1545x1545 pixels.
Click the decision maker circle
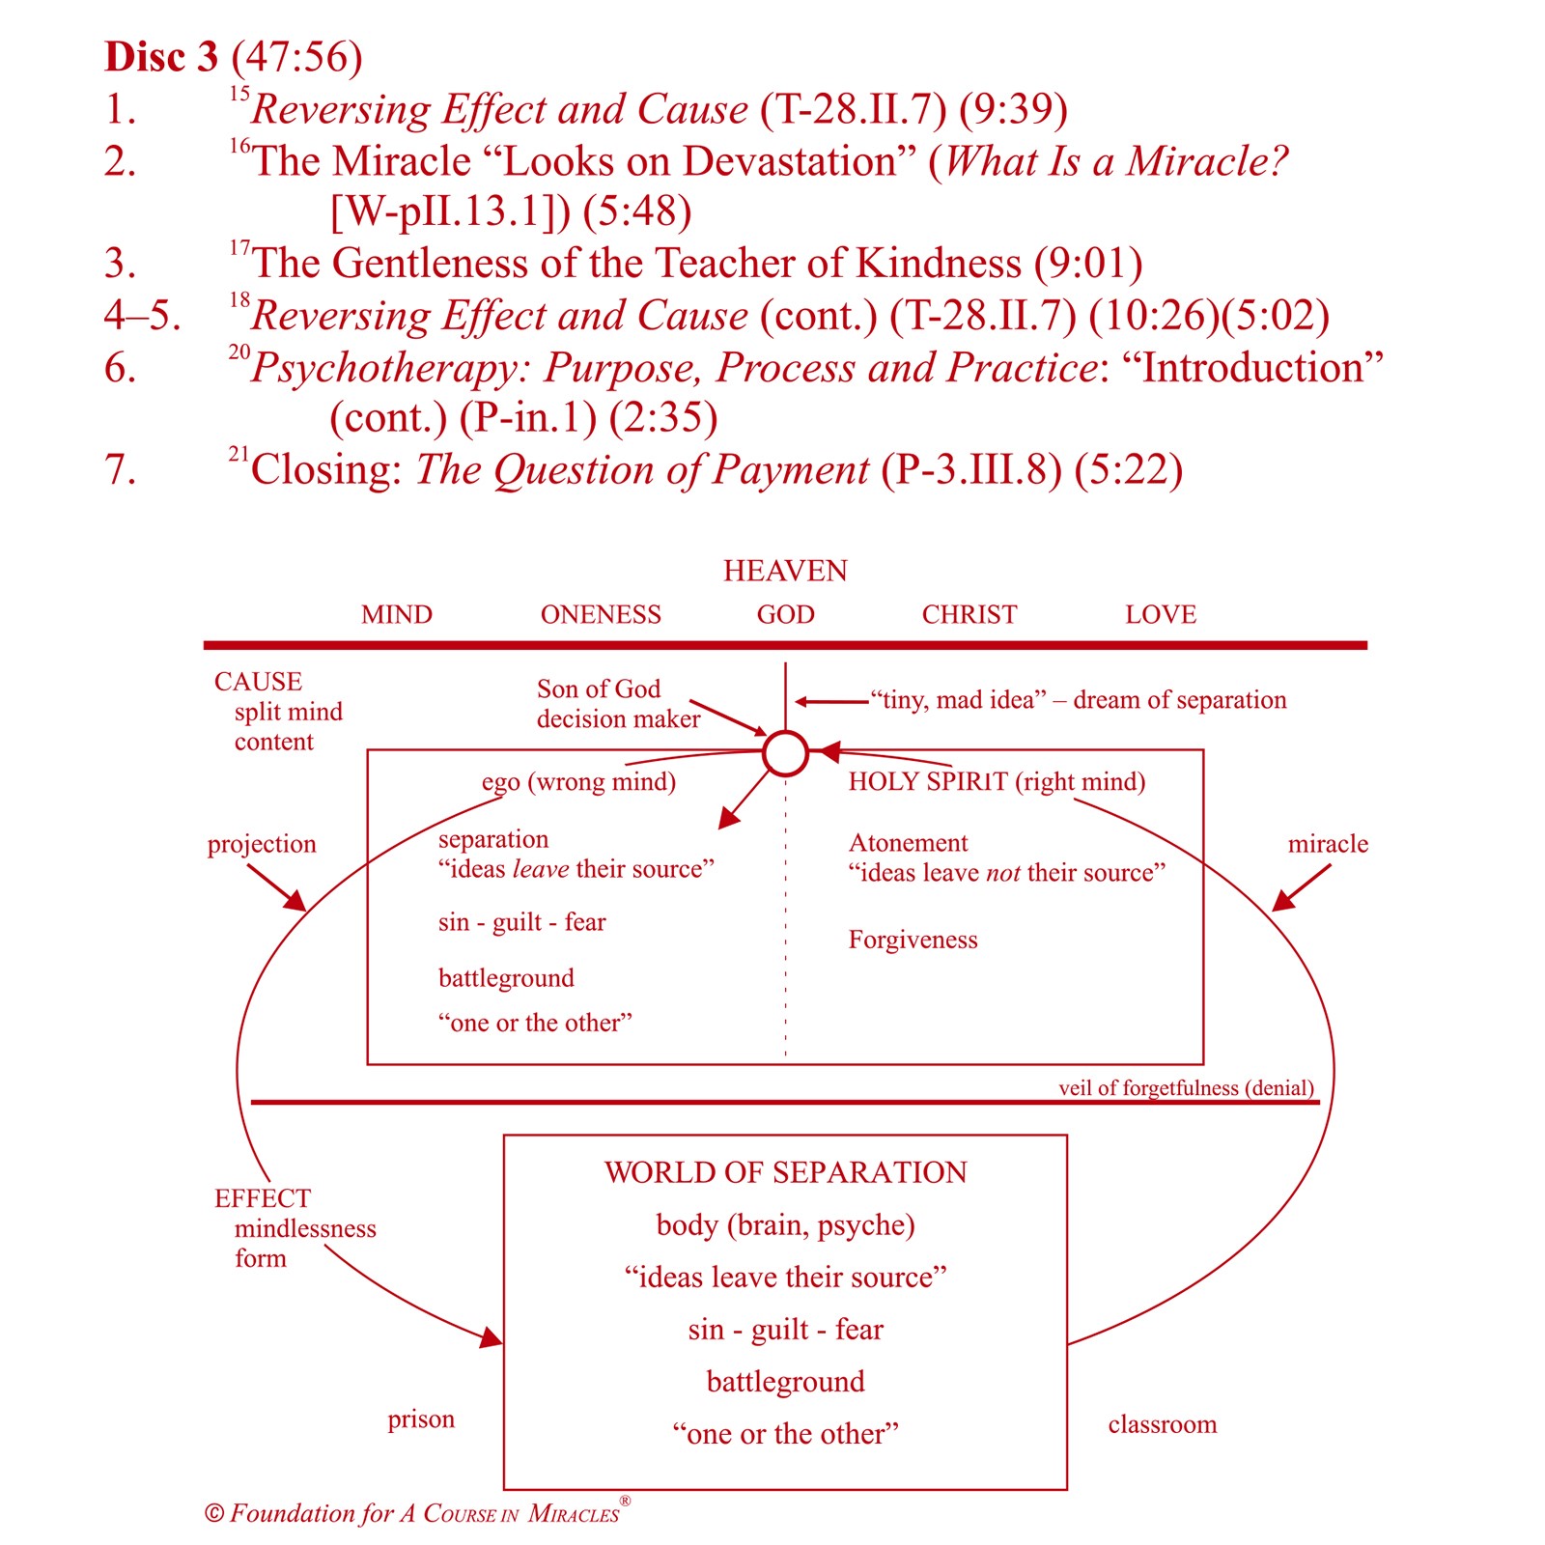785,753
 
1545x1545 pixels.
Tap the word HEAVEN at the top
785,571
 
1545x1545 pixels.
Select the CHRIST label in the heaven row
969,614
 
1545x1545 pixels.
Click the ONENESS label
601,614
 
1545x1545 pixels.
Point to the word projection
262,844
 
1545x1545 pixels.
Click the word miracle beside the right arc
1328,844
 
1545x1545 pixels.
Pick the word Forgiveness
913,940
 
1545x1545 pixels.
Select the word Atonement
908,843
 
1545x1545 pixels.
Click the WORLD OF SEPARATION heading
785,1172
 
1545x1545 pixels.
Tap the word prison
421,1419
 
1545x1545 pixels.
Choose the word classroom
1162,1424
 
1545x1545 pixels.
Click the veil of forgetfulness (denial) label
1186,1088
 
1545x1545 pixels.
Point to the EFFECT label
263,1198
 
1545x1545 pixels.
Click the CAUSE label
258,682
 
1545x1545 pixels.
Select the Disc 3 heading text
161,57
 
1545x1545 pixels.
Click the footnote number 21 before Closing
239,453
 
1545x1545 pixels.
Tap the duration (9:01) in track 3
1087,263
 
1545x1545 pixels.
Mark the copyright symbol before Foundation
214,1513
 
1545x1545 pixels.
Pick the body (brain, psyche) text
785,1224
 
